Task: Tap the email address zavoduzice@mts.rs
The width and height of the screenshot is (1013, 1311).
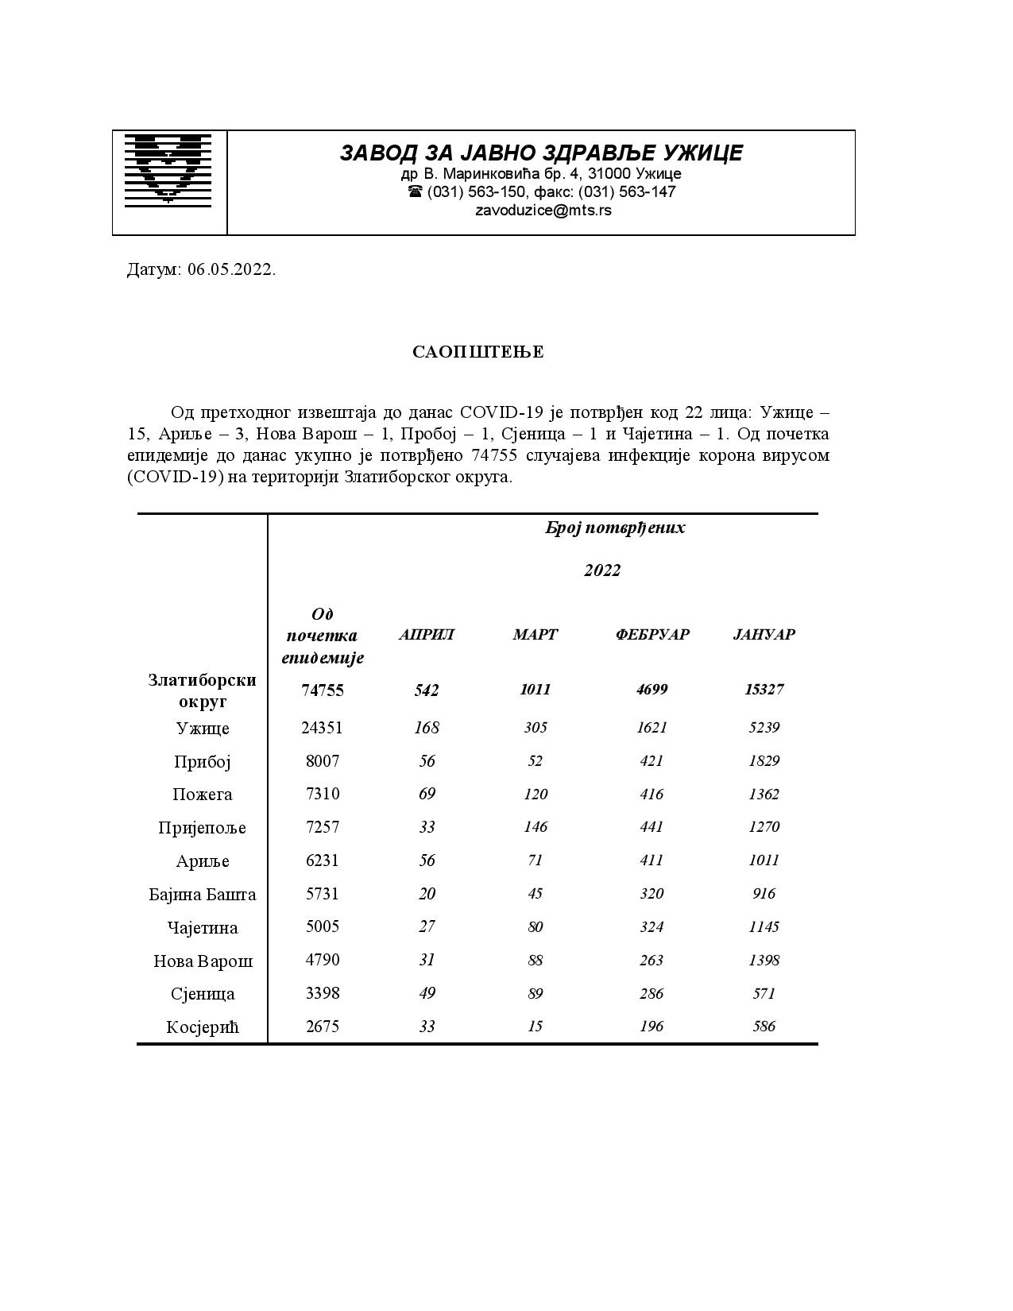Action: tap(543, 211)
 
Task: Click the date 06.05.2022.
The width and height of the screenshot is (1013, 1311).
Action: tap(232, 269)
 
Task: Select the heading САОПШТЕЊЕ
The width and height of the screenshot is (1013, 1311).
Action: tap(478, 352)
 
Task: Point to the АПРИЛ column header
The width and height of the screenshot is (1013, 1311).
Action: tap(427, 635)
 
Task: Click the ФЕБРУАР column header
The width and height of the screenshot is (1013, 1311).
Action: tap(652, 635)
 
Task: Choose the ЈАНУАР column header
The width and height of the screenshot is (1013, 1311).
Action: tap(764, 635)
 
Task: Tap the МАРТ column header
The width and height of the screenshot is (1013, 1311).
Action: tap(535, 635)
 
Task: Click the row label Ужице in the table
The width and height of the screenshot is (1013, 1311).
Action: tap(203, 729)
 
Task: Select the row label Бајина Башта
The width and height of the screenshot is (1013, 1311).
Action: tap(203, 895)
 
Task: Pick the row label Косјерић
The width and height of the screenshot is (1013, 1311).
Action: tap(203, 1027)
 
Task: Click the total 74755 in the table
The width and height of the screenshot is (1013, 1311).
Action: tap(323, 690)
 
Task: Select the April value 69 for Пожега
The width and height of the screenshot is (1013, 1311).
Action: tap(427, 794)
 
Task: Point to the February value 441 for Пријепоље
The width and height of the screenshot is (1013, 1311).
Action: tap(651, 827)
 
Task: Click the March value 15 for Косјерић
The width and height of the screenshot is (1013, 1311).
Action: tap(535, 1027)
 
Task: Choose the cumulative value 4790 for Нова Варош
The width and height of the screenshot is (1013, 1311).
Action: tap(323, 960)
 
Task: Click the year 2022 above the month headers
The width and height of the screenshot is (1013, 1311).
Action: tap(602, 570)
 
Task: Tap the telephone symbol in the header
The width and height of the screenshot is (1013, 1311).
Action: tap(415, 192)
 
